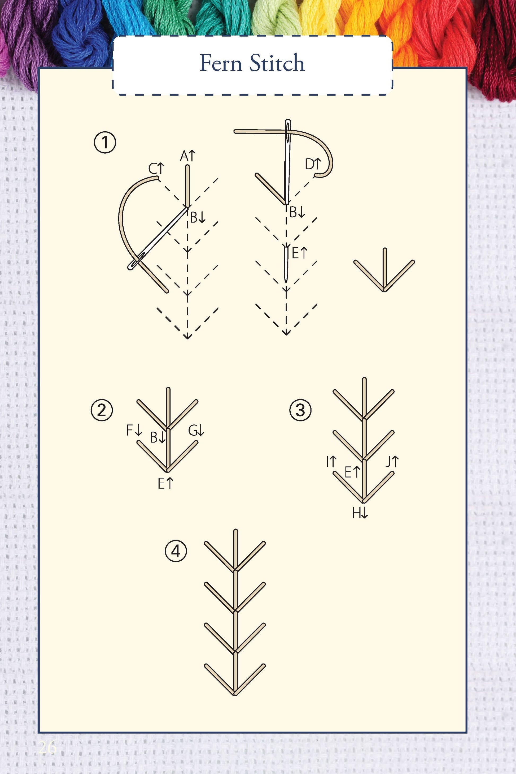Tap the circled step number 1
[x=105, y=143]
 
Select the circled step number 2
[x=102, y=410]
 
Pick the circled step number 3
[x=300, y=410]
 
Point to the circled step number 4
[x=176, y=551]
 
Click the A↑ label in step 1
[x=187, y=156]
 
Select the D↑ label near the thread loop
[x=313, y=164]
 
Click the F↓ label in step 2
[x=134, y=430]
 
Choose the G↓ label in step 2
[x=196, y=430]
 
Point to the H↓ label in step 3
[x=360, y=513]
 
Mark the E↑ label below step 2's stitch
[x=165, y=484]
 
